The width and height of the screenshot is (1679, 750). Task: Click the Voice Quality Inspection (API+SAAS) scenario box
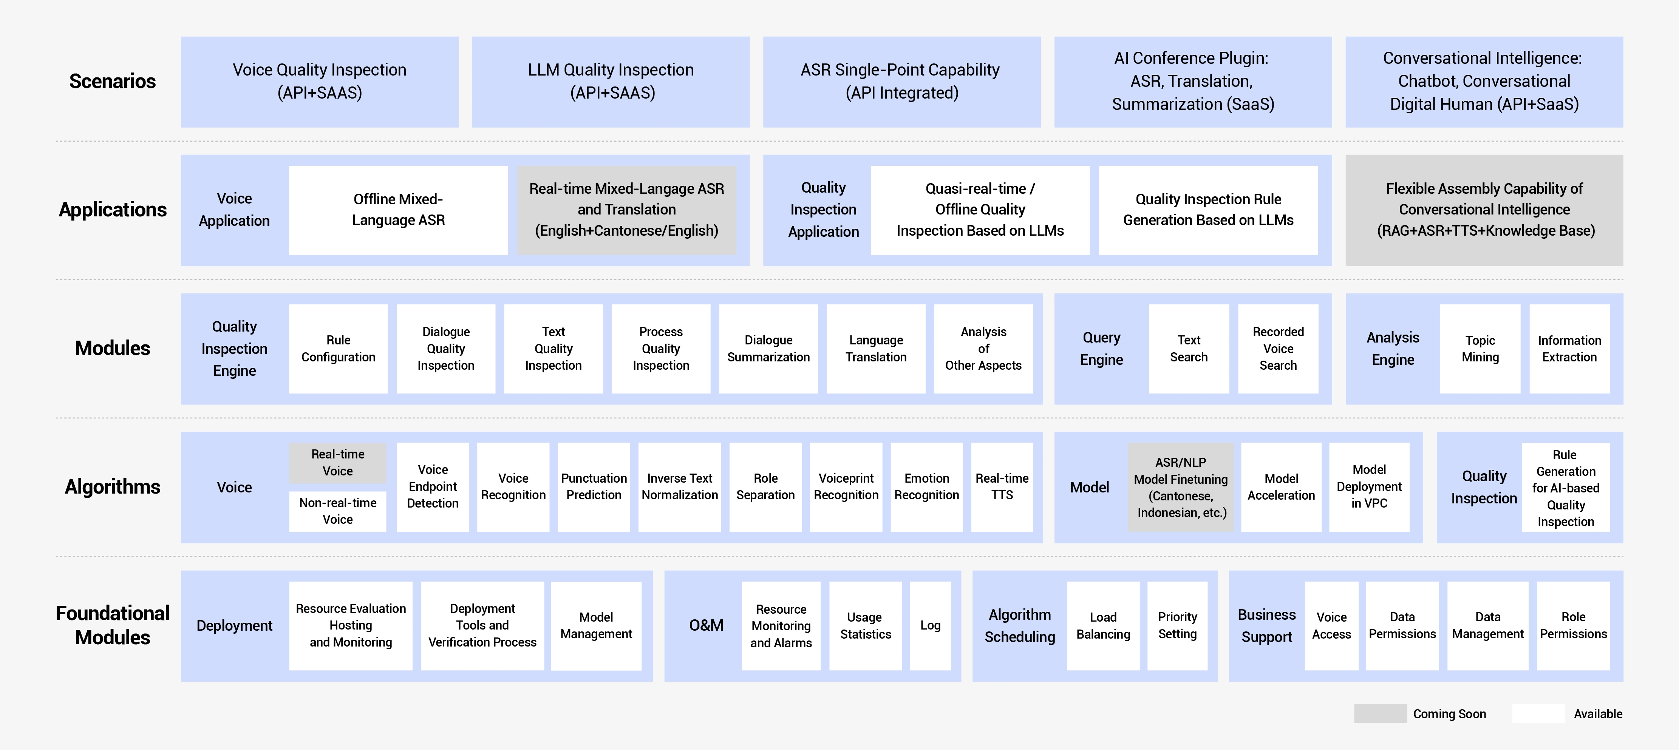[x=319, y=82]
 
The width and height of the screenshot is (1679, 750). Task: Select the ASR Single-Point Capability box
[x=901, y=82]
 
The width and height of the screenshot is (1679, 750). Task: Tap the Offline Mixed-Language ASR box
[x=398, y=210]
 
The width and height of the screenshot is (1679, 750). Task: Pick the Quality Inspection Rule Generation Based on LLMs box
[x=1208, y=210]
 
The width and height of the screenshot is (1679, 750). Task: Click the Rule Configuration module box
[x=338, y=349]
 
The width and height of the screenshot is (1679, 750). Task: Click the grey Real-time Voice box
[x=338, y=463]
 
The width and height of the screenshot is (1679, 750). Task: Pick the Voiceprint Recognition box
[x=846, y=487]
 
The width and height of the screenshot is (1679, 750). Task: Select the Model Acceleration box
[x=1281, y=487]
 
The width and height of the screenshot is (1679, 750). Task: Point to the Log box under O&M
[x=930, y=625]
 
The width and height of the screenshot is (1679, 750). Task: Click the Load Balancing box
[x=1103, y=625]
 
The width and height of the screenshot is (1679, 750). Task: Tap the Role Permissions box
[x=1573, y=625]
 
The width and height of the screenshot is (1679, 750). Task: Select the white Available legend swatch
[x=1538, y=713]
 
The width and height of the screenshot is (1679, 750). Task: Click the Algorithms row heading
[x=112, y=487]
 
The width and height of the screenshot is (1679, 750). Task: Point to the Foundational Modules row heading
[x=112, y=625]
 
